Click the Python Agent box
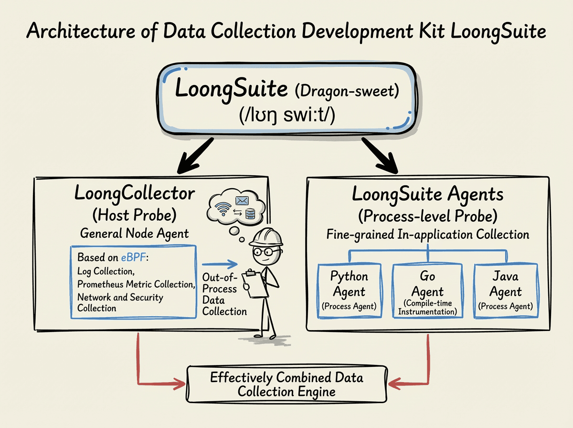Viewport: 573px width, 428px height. [x=350, y=291]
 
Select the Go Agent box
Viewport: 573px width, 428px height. [x=427, y=291]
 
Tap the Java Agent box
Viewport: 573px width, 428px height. [x=505, y=291]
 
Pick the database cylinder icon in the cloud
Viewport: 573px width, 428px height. [x=250, y=214]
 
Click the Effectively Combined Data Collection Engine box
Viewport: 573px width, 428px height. [x=286, y=385]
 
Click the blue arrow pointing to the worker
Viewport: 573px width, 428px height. [x=220, y=264]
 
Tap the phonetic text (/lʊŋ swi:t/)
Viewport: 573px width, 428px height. [x=286, y=115]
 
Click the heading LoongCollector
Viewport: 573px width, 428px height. [x=135, y=193]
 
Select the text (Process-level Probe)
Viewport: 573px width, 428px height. [x=427, y=216]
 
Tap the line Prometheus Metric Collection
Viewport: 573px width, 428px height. [x=136, y=285]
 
